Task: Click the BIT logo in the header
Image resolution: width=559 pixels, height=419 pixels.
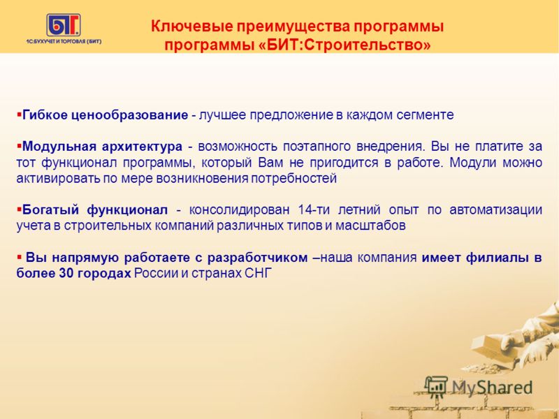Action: click(64, 25)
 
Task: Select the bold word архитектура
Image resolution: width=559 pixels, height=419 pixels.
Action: click(142, 147)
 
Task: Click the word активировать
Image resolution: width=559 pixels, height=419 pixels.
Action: click(59, 179)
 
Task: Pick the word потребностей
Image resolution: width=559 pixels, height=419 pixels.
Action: click(293, 179)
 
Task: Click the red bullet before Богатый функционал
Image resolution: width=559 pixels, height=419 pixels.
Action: click(19, 208)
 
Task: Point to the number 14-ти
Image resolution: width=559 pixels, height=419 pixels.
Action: click(313, 209)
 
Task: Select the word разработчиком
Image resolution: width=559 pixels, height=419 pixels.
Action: click(257, 258)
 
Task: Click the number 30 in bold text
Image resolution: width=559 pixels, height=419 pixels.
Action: click(65, 273)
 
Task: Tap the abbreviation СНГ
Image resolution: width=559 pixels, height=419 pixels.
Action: click(259, 273)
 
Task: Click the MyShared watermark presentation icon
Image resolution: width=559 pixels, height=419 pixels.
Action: click(436, 387)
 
